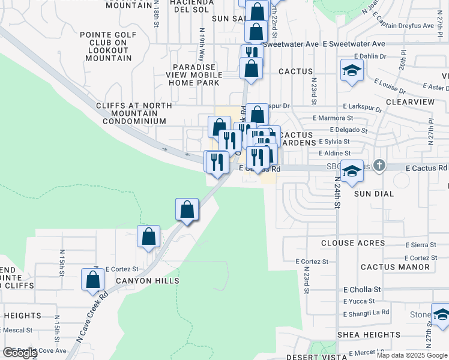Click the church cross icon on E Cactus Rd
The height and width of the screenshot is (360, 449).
[x=379, y=165]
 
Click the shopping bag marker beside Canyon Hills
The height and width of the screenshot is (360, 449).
[x=93, y=280]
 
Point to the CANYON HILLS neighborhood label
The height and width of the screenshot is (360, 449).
[x=147, y=281]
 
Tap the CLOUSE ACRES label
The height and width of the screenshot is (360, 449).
[x=353, y=243]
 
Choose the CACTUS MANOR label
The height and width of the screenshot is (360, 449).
[x=395, y=266]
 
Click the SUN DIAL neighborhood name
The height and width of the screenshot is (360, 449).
[x=373, y=194]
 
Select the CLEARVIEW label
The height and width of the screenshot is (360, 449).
[x=411, y=102]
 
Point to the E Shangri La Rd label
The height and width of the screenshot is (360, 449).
[x=366, y=313]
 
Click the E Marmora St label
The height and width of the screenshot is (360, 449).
[x=336, y=118]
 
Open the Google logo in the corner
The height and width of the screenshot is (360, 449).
[x=19, y=353]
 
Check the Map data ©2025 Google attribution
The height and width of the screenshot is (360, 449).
[x=411, y=355]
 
